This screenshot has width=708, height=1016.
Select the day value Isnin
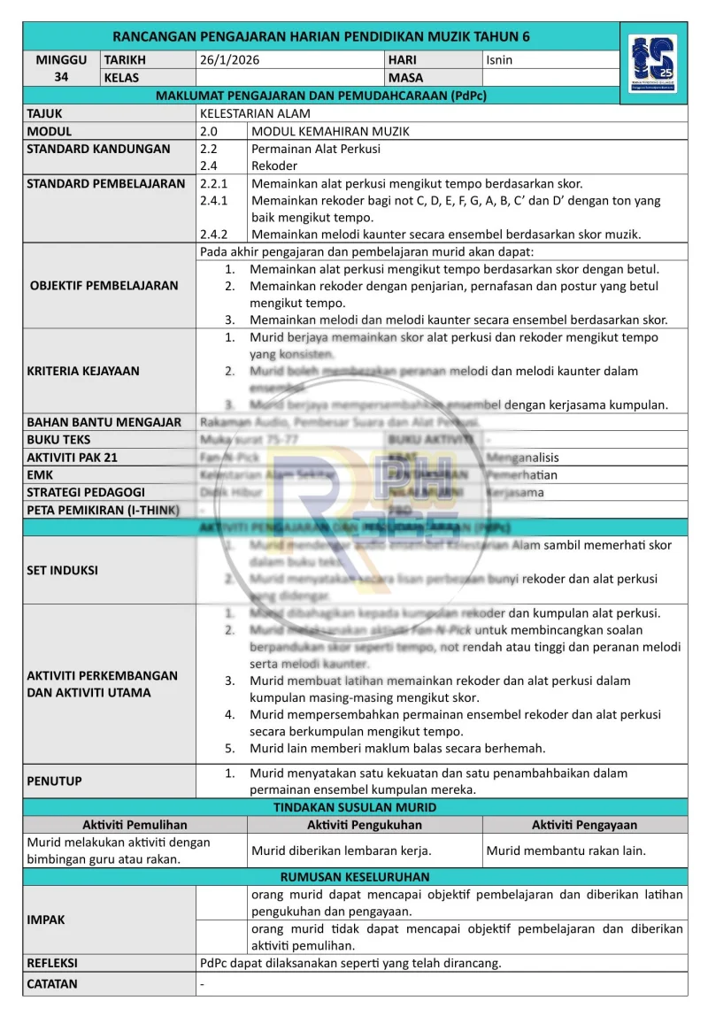pos(499,60)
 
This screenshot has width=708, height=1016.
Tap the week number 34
pos(61,77)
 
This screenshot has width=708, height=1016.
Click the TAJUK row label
pos(45,114)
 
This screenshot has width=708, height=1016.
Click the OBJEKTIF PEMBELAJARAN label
pos(104,286)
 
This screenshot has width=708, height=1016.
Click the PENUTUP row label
pos(54,781)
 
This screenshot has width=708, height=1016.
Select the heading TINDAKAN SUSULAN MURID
pos(355,807)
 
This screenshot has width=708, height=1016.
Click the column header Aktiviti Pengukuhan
pos(365,825)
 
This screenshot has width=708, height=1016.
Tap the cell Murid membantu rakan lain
pos(566,851)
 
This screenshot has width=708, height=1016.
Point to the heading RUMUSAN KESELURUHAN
pos(355,877)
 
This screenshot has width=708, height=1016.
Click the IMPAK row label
pos(46,920)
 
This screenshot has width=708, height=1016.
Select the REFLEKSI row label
pos(52,962)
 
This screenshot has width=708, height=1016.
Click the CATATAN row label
pos(52,983)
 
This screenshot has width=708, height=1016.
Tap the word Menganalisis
pos(527,458)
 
